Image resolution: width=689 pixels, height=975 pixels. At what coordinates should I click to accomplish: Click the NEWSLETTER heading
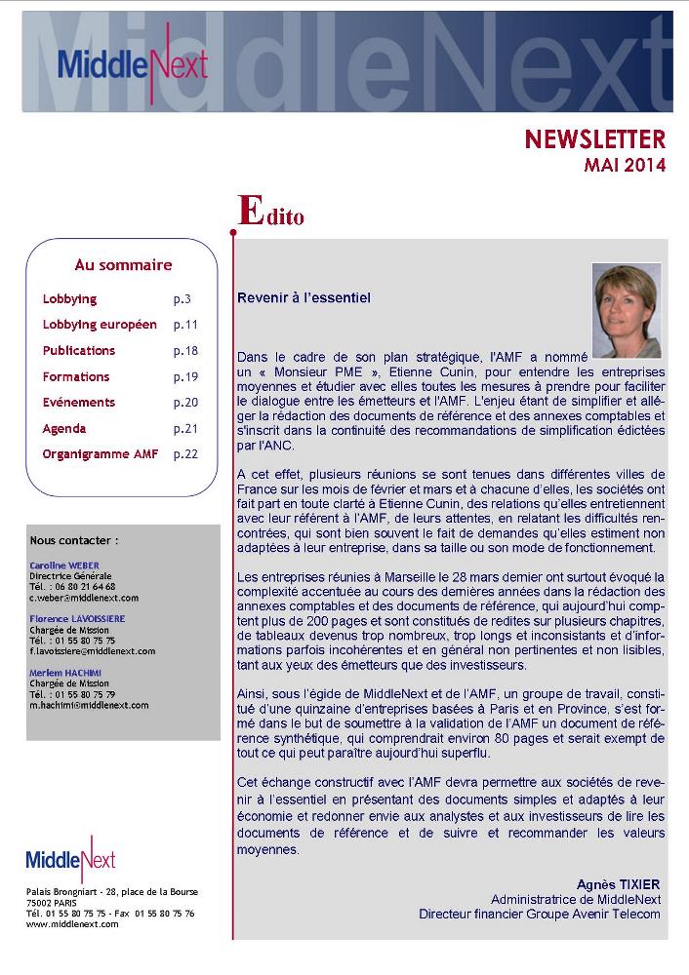pyautogui.click(x=594, y=139)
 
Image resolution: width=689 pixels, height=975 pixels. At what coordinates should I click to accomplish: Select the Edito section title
pyautogui.click(x=271, y=212)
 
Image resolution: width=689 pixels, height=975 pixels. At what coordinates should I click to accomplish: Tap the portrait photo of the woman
pyautogui.click(x=626, y=310)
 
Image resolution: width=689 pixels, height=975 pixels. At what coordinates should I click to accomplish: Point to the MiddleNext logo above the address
pyautogui.click(x=71, y=858)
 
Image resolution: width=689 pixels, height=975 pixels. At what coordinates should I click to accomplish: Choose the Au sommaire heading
pyautogui.click(x=123, y=265)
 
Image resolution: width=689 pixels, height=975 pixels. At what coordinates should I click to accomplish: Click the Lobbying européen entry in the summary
pyautogui.click(x=100, y=325)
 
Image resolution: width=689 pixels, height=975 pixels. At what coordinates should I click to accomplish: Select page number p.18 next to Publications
pyautogui.click(x=185, y=351)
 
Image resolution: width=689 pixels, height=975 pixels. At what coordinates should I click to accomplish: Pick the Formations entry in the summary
pyautogui.click(x=76, y=376)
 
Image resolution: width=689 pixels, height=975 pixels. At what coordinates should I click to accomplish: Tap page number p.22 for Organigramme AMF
pyautogui.click(x=185, y=454)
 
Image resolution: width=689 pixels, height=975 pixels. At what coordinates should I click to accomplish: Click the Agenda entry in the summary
pyautogui.click(x=64, y=428)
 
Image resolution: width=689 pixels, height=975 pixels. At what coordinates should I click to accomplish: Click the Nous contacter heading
pyautogui.click(x=74, y=539)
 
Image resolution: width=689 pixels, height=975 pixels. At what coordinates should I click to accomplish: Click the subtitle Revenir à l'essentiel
pyautogui.click(x=304, y=297)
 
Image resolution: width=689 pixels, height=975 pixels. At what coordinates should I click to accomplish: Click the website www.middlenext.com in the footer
pyautogui.click(x=72, y=923)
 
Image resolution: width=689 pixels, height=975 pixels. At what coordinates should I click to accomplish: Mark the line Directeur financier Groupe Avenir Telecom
pyautogui.click(x=540, y=914)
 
